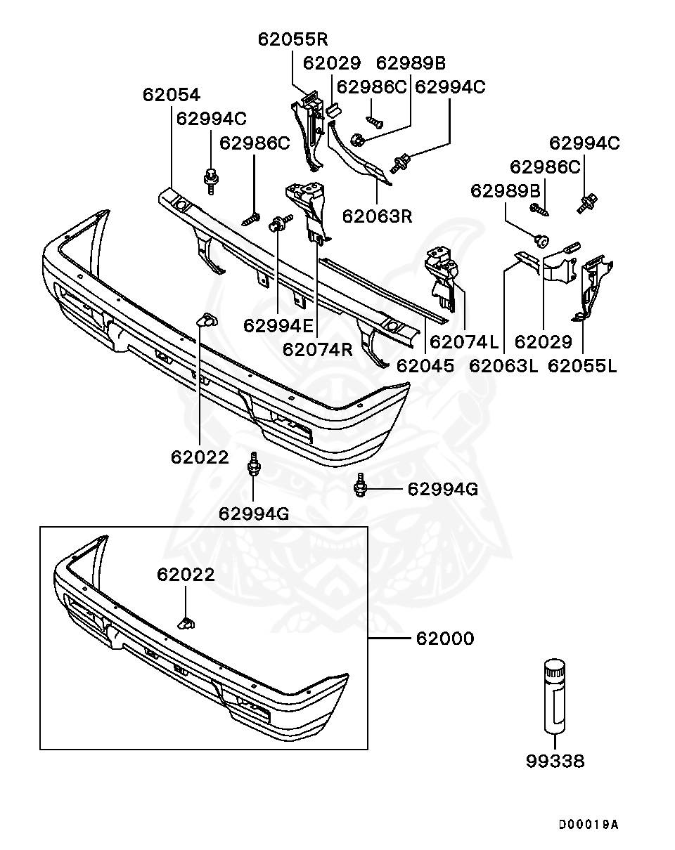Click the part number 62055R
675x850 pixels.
tap(292, 39)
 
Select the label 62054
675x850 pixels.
tap(171, 95)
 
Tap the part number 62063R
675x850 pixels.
tap(377, 216)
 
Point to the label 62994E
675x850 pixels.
tap(278, 325)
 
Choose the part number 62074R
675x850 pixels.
tap(317, 349)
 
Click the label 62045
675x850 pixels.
tap(425, 365)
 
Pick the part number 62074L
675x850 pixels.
tap(464, 342)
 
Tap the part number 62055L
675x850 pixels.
tap(582, 365)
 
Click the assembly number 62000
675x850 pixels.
tap(445, 639)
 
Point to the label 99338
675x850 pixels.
tap(555, 761)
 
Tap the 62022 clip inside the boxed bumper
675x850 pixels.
tap(187, 622)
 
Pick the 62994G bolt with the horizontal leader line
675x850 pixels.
tap(361, 485)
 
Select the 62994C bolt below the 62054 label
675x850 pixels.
tap(210, 179)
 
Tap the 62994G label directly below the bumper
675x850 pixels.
tap(253, 514)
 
